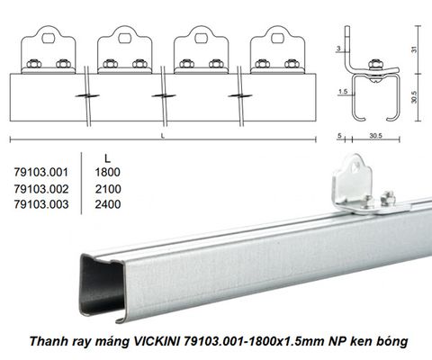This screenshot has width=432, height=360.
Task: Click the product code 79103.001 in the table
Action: pos(41,172)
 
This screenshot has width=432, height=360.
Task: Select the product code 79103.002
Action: pos(41,189)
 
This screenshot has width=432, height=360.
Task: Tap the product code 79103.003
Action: pos(41,204)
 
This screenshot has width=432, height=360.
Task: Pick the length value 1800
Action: pos(108,172)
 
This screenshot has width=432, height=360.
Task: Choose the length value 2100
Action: pos(108,189)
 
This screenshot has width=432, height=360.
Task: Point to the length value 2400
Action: pos(108,204)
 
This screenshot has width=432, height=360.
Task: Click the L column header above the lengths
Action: pos(107,158)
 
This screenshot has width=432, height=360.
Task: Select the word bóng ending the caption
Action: pos(394,342)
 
